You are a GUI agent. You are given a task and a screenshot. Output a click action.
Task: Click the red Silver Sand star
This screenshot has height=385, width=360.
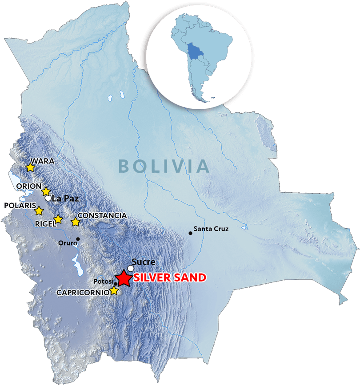[x=122, y=278]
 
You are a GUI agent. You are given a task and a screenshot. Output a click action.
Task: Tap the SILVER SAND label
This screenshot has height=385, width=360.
[x=170, y=278]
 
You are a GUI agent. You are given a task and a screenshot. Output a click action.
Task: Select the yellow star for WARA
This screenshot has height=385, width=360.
[x=30, y=167]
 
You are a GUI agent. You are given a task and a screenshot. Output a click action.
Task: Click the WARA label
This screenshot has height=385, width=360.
[x=42, y=161]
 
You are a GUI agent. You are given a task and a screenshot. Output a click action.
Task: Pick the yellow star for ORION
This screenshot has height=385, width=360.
[x=46, y=191]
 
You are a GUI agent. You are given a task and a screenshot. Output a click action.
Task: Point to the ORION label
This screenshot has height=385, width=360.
[x=29, y=186]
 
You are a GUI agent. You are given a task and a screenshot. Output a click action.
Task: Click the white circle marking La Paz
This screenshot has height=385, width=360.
[x=48, y=198]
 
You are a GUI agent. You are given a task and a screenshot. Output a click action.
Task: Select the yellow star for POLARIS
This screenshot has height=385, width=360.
[x=39, y=211]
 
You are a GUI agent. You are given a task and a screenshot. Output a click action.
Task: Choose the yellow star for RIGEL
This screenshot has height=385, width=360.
[x=58, y=219]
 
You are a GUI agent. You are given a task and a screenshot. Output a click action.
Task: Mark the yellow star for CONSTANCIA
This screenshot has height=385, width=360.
[x=75, y=221]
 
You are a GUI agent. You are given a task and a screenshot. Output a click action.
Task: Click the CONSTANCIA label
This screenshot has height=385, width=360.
[x=102, y=215]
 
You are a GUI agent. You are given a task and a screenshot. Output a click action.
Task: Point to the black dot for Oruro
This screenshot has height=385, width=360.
[x=78, y=239]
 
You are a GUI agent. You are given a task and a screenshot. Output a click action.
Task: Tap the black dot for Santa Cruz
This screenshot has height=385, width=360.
[x=190, y=233]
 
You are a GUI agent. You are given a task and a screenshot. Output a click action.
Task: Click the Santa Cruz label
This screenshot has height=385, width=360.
[x=211, y=229]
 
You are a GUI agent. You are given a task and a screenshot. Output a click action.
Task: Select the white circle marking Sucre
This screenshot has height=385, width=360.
[x=131, y=268]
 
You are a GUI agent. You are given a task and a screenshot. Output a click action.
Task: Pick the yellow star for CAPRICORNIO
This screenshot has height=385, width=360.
[x=114, y=290]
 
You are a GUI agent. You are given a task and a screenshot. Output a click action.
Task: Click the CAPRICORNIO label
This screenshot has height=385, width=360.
[x=83, y=293]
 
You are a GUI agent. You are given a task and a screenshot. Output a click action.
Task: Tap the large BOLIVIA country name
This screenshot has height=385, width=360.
[x=164, y=166]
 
